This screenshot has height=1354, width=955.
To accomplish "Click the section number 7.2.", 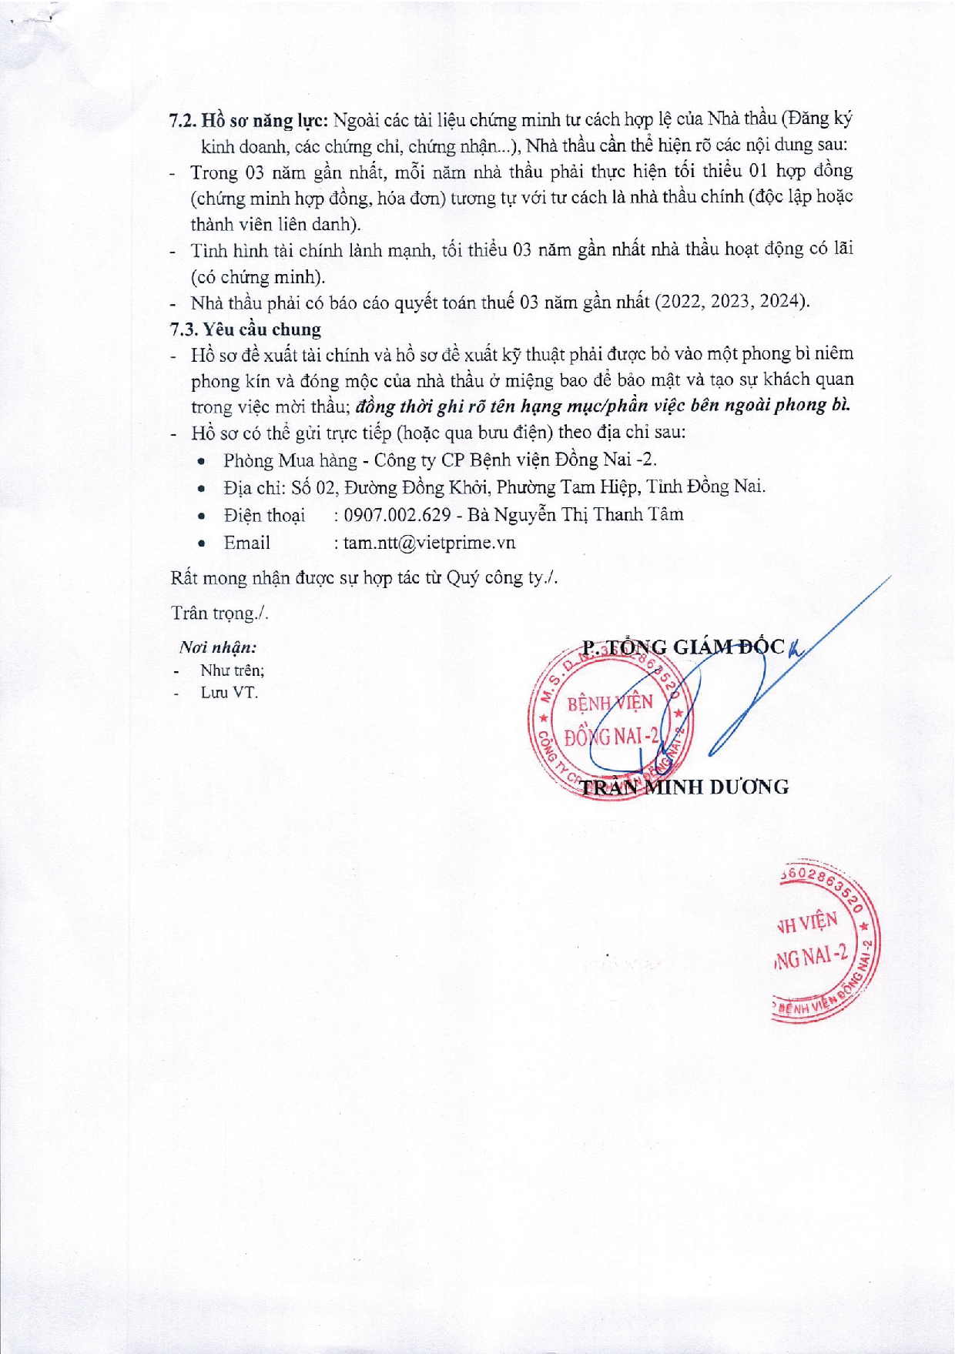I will (x=183, y=120).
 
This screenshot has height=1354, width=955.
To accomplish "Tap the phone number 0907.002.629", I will (x=397, y=515).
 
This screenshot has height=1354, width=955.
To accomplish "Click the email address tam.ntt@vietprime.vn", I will (x=429, y=543).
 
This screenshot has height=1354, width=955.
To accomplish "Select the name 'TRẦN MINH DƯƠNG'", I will (x=684, y=787).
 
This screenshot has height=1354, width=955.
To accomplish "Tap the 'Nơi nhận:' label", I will (x=218, y=648).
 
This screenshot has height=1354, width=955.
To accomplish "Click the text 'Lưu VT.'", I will (x=229, y=693).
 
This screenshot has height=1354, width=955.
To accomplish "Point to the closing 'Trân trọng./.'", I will (x=219, y=613).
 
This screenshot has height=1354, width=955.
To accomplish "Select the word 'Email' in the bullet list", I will (x=246, y=543).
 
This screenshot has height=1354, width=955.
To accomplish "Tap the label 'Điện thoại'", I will (x=263, y=515).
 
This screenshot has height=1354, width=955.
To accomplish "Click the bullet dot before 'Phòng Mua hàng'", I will (x=201, y=461).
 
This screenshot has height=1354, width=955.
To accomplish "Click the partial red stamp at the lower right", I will (x=824, y=943).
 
